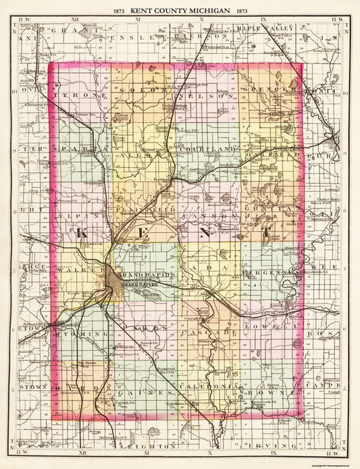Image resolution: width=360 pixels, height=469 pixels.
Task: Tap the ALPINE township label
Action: click(81, 209)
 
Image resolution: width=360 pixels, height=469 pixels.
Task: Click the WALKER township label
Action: click(81, 270)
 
